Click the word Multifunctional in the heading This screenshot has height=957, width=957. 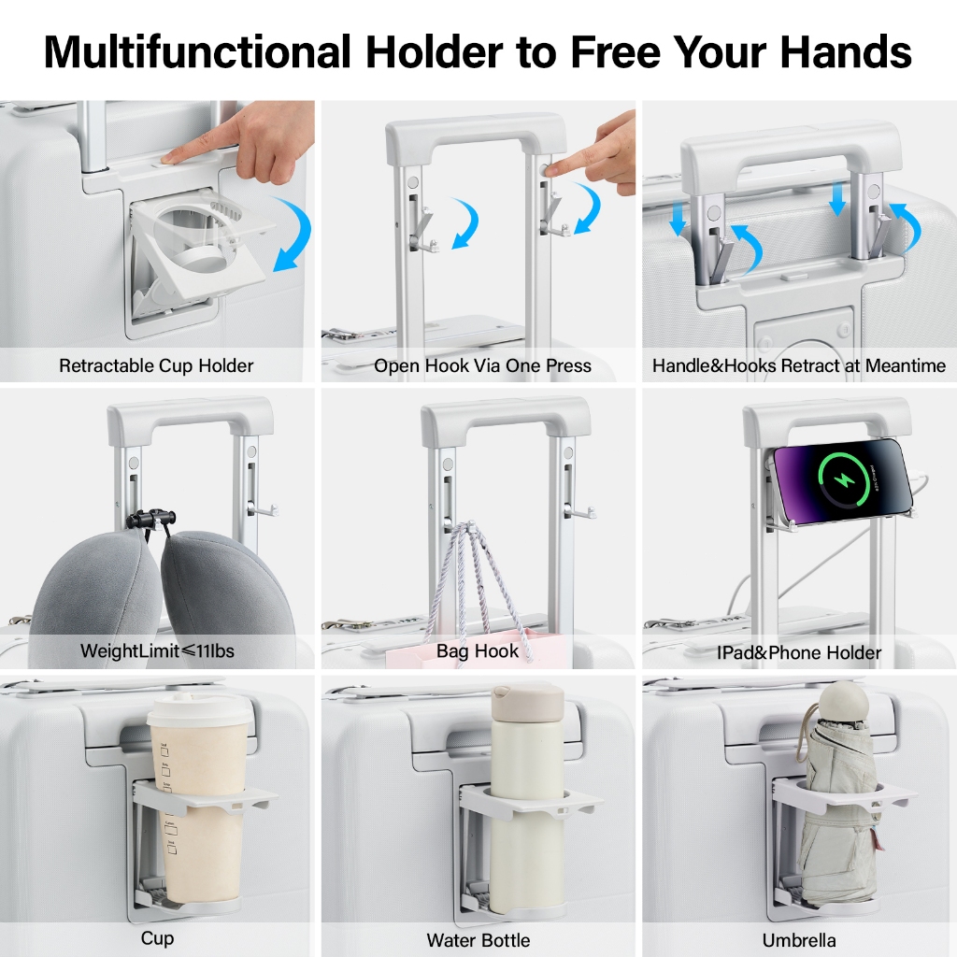coord(197,52)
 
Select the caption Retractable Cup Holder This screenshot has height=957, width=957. coord(156,365)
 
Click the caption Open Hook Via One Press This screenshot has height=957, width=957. coord(482,365)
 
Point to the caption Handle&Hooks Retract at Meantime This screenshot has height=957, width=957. coord(799,365)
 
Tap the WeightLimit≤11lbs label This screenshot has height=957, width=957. coord(157,650)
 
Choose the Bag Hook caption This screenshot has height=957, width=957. coord(478,651)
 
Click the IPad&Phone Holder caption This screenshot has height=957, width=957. coord(799,652)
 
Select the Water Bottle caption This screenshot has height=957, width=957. coord(478,940)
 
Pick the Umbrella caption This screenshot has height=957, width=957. coord(799,940)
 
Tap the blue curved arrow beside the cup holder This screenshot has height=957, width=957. coord(293,234)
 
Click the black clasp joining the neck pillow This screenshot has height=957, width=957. coord(150,519)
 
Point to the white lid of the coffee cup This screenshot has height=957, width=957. coord(199,709)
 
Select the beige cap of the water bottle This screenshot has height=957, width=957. coord(528,699)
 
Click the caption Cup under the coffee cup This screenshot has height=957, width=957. coord(157,938)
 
